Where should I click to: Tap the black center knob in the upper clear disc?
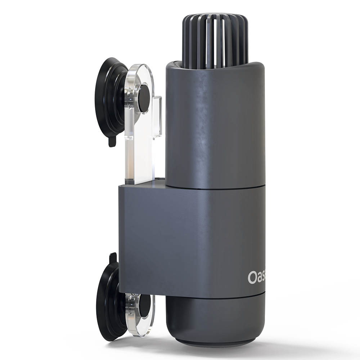[x=143, y=98]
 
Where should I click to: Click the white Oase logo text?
[x=257, y=277]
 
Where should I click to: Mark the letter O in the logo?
[x=252, y=277]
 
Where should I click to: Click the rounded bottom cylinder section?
[x=215, y=317]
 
